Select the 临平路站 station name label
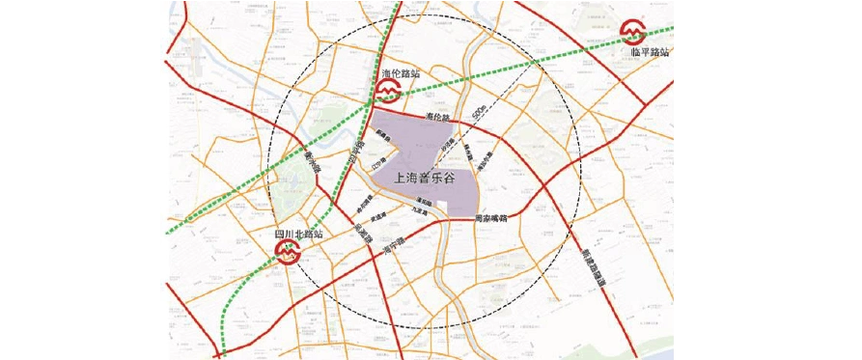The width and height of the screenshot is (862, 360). (x=650, y=52)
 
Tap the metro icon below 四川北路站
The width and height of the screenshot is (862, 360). (x=289, y=253)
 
